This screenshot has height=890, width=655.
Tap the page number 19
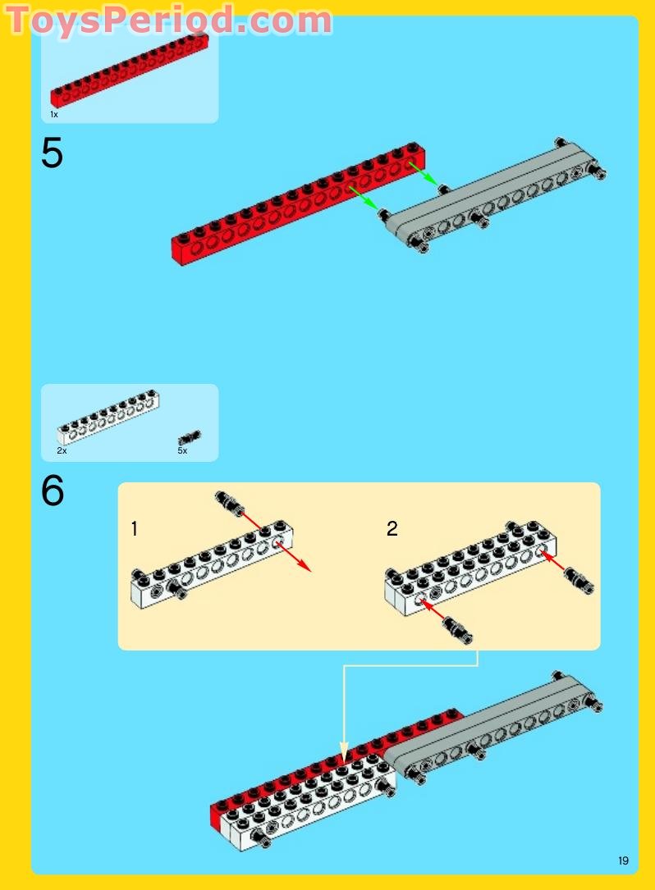coord(623,860)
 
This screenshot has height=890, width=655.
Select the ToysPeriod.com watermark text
coord(169,21)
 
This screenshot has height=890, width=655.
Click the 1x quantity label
coord(54,115)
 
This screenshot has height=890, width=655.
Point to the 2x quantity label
coord(62,450)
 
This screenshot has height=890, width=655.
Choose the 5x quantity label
coord(182,450)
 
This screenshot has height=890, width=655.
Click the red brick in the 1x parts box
coord(130,70)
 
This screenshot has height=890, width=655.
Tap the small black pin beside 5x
coord(189,437)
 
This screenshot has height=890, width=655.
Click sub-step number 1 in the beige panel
coord(134,529)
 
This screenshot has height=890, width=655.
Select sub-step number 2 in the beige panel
coord(392,529)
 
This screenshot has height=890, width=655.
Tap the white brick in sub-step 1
coord(212,564)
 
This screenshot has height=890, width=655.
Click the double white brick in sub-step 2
coord(470,568)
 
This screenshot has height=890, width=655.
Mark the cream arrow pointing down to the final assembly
coord(344,707)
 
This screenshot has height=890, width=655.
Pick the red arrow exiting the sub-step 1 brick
coord(294,556)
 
